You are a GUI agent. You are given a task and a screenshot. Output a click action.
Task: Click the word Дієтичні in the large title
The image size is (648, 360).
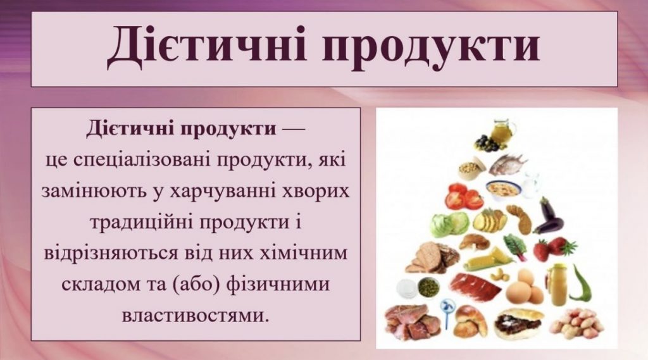click(x=208, y=49)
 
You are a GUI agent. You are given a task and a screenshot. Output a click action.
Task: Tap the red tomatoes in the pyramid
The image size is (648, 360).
click(x=463, y=196)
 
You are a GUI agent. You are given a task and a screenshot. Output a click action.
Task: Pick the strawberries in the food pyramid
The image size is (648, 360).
click(x=554, y=248)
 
